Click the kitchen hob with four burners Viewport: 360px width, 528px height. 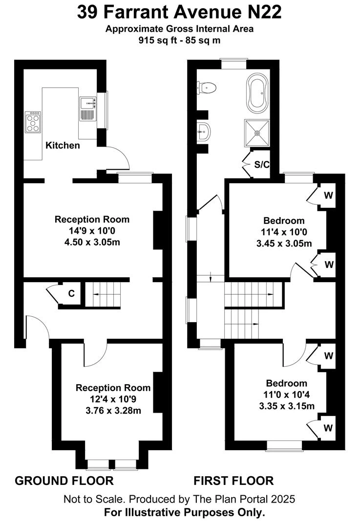tap(33, 122)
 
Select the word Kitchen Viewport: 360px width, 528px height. tap(63, 146)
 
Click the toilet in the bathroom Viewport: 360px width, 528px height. tap(206, 88)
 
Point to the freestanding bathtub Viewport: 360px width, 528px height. tap(258, 93)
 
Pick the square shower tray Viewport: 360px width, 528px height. tap(257, 133)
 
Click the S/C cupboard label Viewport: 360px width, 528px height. tap(262, 165)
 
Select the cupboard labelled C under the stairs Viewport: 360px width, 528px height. tap(71, 294)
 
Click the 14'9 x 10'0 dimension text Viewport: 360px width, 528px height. tap(92, 231)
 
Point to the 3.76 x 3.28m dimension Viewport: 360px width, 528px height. tap(113, 411)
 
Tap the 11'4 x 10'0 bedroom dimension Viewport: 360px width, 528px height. tap(284, 232)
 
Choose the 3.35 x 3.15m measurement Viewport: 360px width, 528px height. tap(287, 406)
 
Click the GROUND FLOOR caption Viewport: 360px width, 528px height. tap(64, 481)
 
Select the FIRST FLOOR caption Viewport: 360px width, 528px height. tap(233, 481)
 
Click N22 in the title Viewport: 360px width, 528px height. tap(265, 12)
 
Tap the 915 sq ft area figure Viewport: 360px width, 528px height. tap(156, 41)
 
